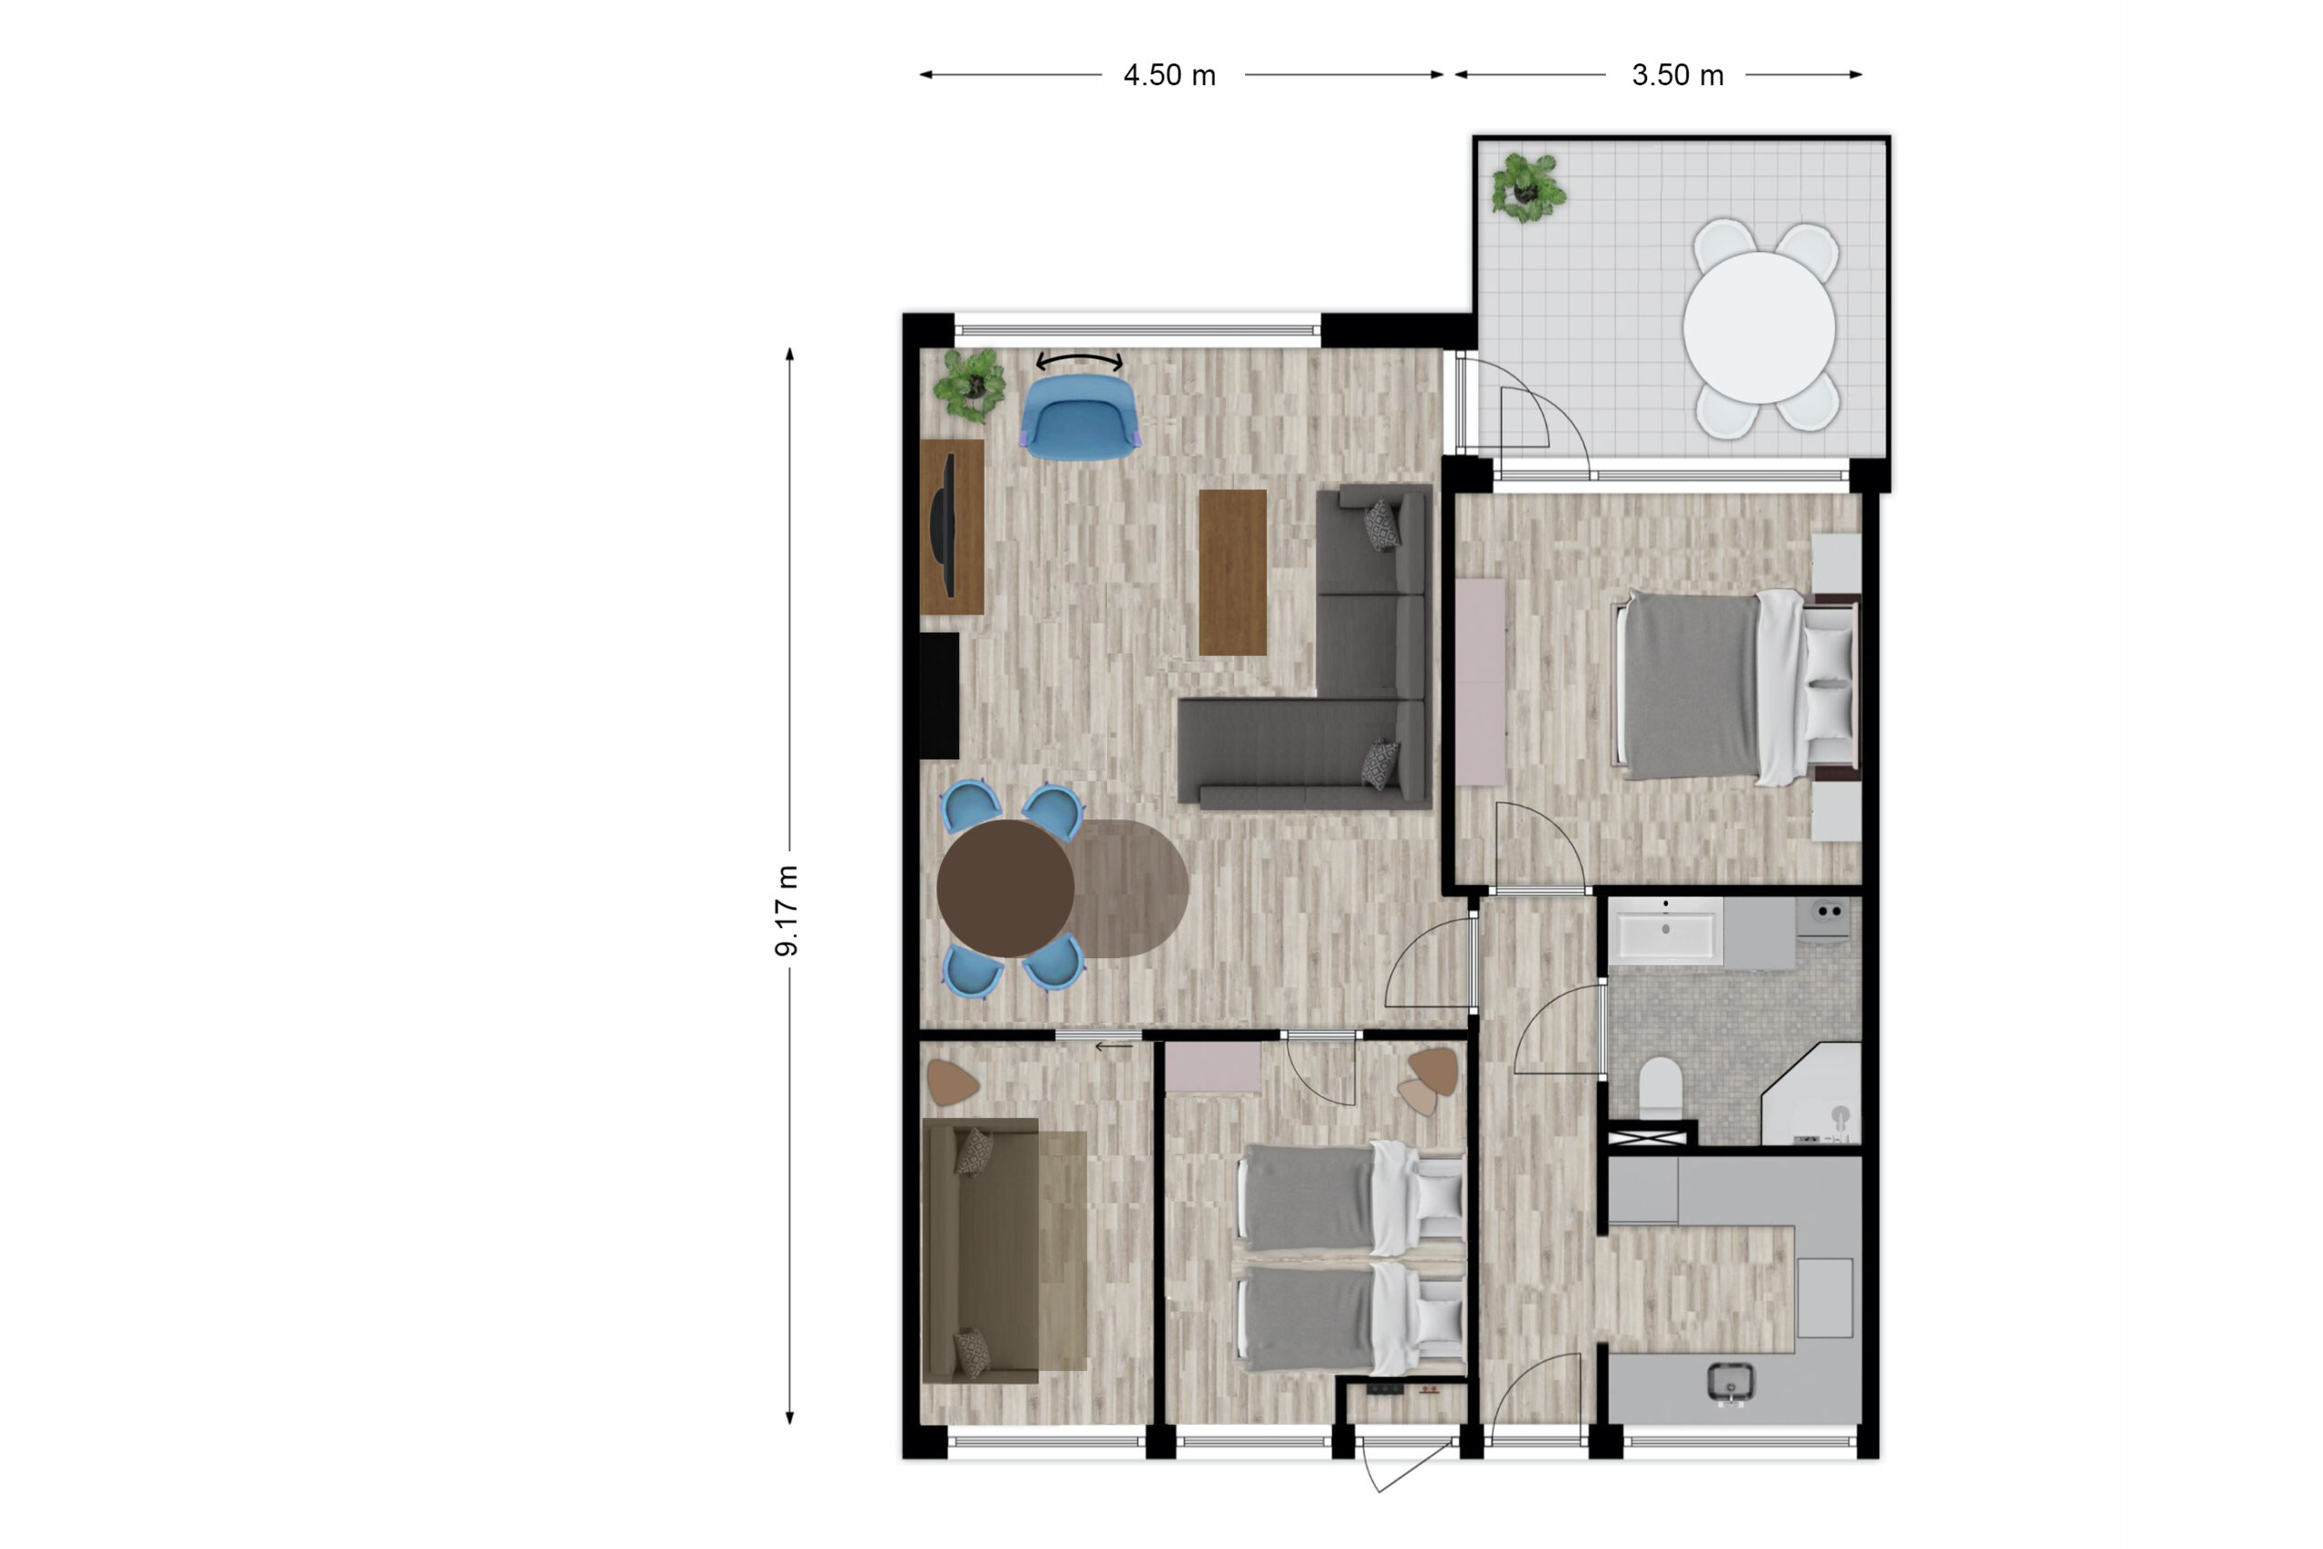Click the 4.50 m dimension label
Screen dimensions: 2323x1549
(x=1170, y=75)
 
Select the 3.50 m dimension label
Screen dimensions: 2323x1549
(x=1677, y=75)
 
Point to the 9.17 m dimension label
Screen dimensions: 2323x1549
(x=786, y=911)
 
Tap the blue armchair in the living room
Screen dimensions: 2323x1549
(x=1080, y=419)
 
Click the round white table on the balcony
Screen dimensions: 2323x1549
(x=1759, y=327)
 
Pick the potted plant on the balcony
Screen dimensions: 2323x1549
(x=1528, y=187)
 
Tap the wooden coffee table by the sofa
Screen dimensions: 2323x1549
(x=1232, y=572)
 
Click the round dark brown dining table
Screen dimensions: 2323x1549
(x=1005, y=888)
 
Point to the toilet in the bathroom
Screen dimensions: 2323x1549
(x=1661, y=1088)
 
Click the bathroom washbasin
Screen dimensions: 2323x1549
(x=1665, y=929)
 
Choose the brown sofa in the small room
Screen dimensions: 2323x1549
(x=1005, y=1250)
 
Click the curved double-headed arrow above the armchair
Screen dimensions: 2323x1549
(x=1080, y=360)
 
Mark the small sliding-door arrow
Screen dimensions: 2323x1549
(x=1113, y=1045)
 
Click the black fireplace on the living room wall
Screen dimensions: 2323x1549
(x=939, y=695)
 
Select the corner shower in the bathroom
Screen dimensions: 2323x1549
(x=1811, y=1093)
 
